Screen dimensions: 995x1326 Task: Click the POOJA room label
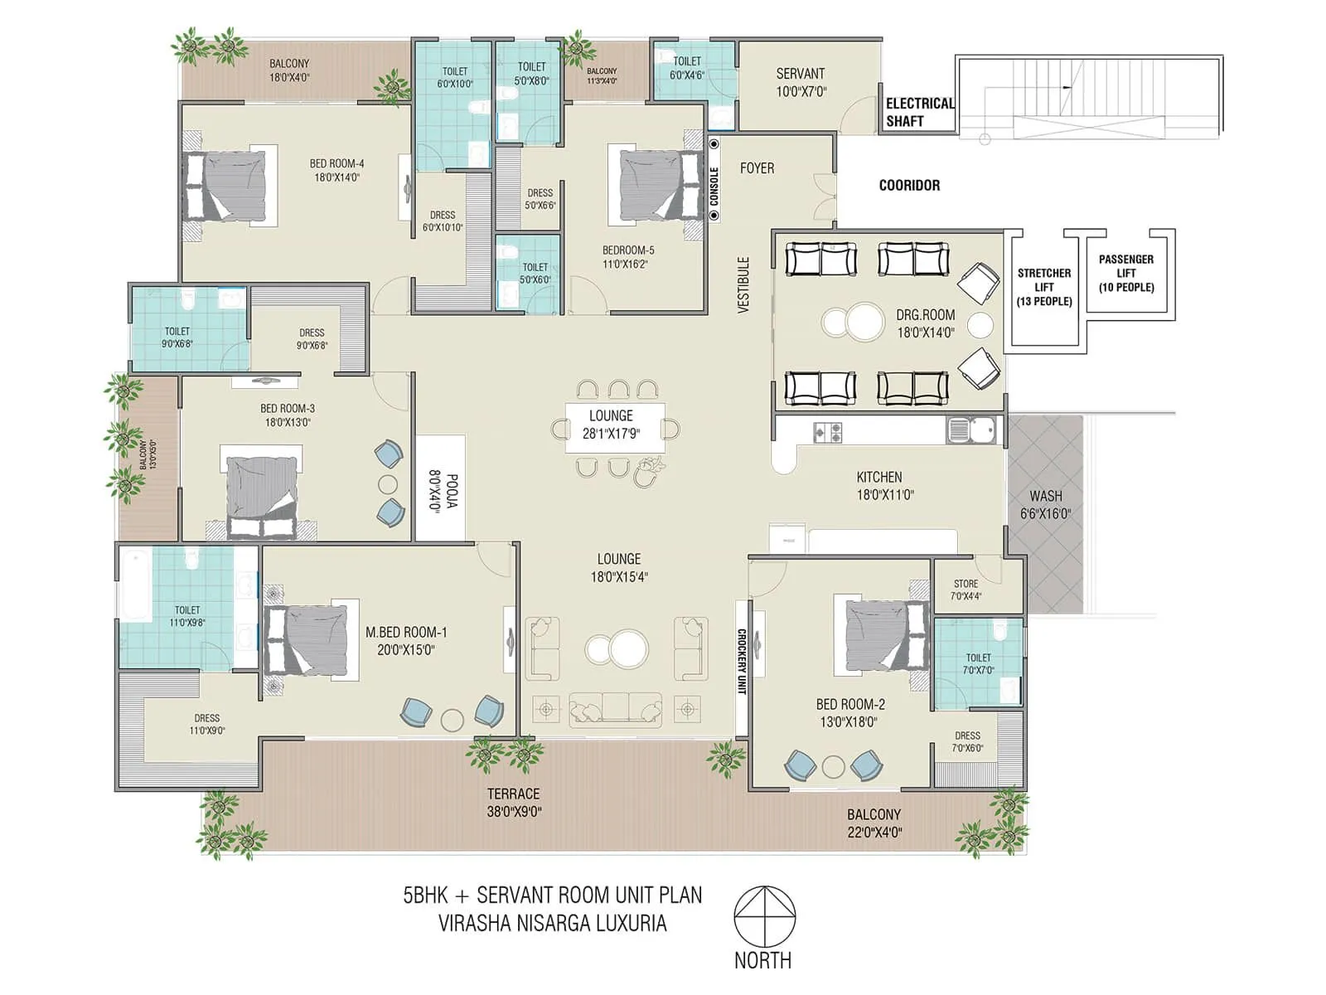click(x=439, y=491)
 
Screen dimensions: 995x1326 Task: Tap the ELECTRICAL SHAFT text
click(x=918, y=112)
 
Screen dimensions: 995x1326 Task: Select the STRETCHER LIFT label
click(x=1043, y=287)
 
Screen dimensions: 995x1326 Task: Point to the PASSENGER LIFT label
click(x=1125, y=273)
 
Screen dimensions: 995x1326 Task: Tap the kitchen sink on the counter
click(x=970, y=431)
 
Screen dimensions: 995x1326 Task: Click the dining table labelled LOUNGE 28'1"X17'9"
click(x=614, y=426)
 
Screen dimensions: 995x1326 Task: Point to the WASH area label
click(x=1045, y=504)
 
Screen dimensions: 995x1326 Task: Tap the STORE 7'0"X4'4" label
click(x=965, y=590)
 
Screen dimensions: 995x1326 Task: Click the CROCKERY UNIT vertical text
click(x=742, y=661)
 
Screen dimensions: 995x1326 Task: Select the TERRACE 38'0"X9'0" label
click(x=513, y=803)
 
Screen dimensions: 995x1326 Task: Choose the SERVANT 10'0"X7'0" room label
click(x=800, y=82)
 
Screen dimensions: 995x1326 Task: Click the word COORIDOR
click(x=909, y=186)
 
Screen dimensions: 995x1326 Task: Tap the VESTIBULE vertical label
click(x=743, y=284)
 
